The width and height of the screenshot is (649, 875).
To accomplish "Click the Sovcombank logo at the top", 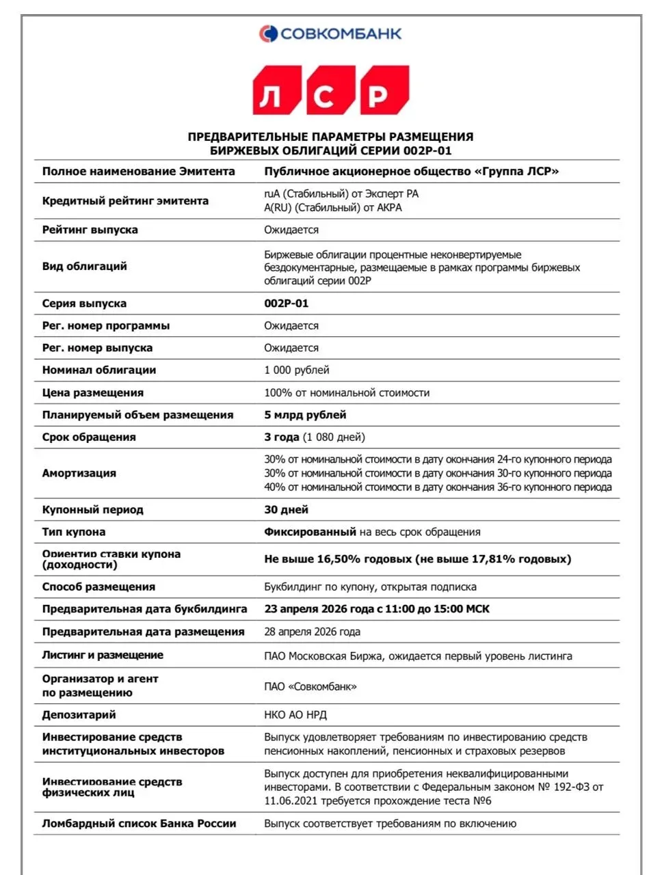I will coord(330,33).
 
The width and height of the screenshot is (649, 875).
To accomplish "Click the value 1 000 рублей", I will coord(297,370).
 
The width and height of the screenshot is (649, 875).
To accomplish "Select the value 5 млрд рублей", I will coord(305,414).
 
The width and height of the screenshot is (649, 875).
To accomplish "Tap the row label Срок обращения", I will coord(89,437).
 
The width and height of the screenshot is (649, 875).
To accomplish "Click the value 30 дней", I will coord(286,509).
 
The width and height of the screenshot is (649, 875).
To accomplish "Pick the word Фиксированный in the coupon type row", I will coord(310,531).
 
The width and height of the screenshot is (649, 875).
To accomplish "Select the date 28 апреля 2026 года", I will coord(312,632).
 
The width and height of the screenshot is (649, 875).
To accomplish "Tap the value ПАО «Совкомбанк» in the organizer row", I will coord(310,686).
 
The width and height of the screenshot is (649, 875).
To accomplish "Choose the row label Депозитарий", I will coord(79,715).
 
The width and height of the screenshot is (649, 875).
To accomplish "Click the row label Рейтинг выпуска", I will coord(90,230).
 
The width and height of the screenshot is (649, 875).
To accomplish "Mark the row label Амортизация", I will coord(79,473).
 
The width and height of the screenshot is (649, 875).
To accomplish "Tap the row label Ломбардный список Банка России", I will coord(139,823).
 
